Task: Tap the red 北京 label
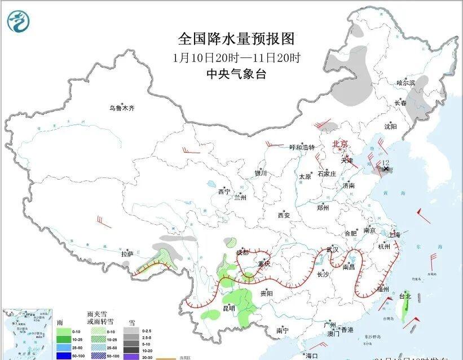tap(341, 144)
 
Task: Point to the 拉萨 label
tap(127, 254)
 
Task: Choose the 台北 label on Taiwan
tap(405, 296)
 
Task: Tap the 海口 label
tap(312, 355)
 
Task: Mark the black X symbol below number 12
tap(386, 168)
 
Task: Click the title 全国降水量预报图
tap(236, 38)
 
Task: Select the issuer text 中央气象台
tap(236, 74)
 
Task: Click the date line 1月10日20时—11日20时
tap(236, 57)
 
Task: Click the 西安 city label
tap(283, 215)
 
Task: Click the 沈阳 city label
tap(390, 126)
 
